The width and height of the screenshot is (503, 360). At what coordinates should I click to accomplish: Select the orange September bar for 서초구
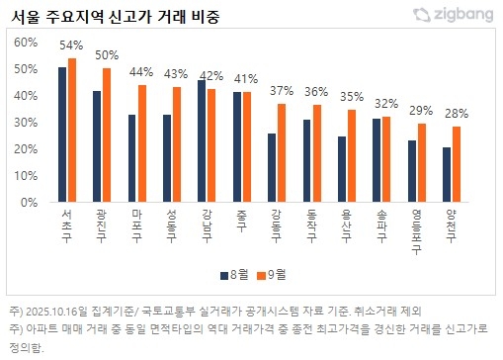(71, 130)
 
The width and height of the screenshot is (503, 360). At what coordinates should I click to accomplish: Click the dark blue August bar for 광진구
(97, 146)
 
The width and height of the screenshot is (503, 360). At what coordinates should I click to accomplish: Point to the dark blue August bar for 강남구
(202, 141)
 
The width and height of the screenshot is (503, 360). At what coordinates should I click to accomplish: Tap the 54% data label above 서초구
(71, 45)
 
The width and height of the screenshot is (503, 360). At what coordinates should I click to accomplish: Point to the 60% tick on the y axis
(26, 43)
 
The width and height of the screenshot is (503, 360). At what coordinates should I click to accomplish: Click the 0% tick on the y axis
(30, 203)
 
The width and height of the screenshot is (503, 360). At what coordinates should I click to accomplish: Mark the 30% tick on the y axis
(26, 123)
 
